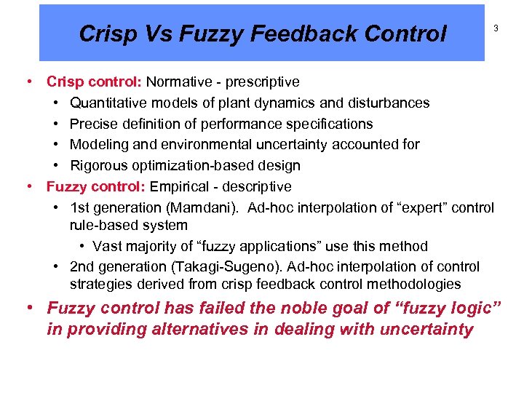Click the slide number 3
click(496, 28)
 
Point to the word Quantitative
click(108, 103)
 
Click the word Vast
click(108, 246)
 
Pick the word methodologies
click(418, 284)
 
